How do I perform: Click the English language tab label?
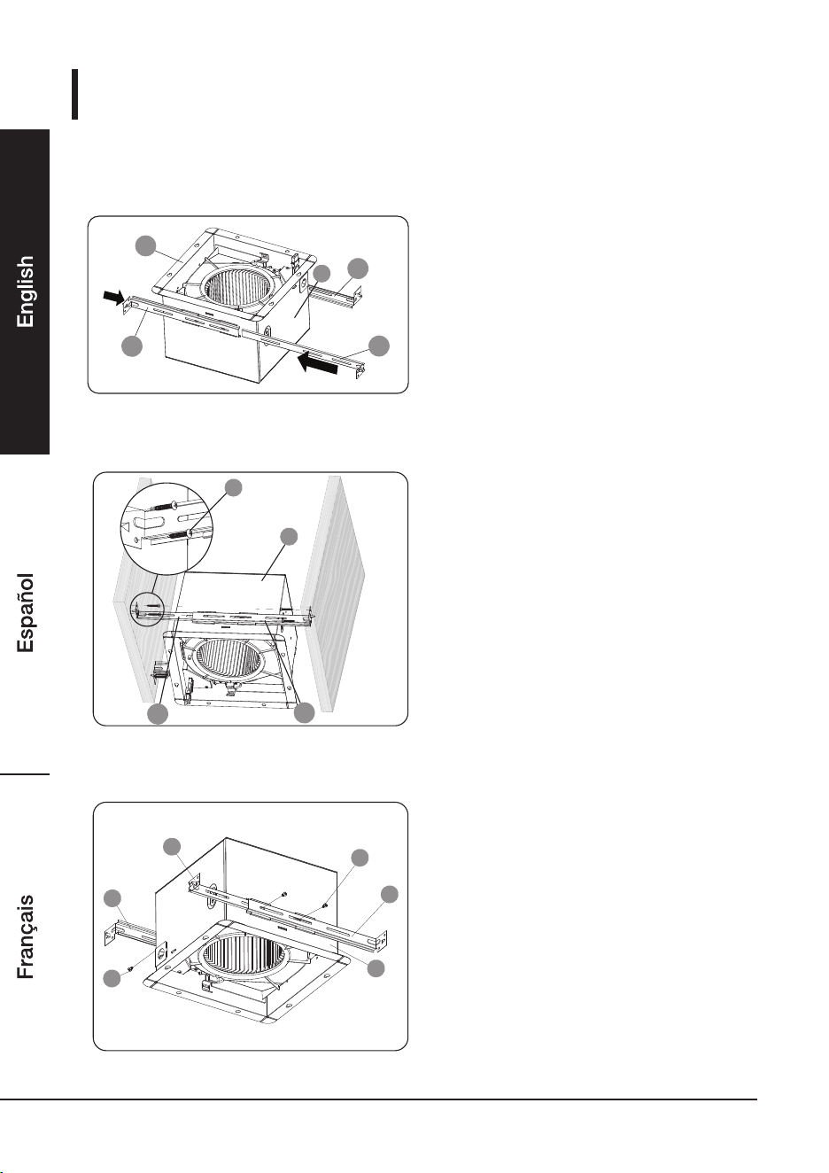coord(25,291)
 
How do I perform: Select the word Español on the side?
coord(25,612)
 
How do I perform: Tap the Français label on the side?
coord(25,936)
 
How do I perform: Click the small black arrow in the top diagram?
coord(113,298)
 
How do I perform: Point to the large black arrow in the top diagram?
coord(318,363)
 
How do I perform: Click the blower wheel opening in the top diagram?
coord(236,289)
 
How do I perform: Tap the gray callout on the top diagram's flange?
coord(146,246)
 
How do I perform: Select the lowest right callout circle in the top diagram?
coord(379,346)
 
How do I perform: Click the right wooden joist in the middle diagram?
coord(337,592)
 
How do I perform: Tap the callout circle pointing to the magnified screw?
coord(234,487)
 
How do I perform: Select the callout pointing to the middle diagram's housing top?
coord(289,536)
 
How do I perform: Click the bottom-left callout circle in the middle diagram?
coord(158,714)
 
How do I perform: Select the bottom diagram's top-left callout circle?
coord(172,847)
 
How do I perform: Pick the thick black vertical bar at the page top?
coord(74,94)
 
